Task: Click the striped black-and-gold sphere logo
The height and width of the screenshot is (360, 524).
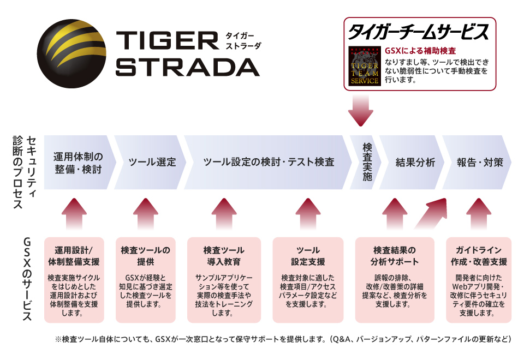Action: pos(72,54)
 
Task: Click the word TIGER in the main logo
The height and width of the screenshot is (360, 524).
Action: pos(168,41)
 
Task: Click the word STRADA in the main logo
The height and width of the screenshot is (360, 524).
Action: pos(187,67)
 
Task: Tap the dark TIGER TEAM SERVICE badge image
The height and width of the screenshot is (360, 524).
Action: pos(364,66)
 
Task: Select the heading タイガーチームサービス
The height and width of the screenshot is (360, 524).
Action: pos(419,32)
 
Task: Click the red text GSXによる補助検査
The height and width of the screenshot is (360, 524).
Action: pos(420,51)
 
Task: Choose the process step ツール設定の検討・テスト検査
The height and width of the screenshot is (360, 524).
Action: pos(268,163)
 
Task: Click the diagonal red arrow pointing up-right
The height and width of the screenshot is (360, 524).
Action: pos(431,213)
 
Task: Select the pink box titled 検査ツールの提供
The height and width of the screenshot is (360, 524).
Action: pos(146,280)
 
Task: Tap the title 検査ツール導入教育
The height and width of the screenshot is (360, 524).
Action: pos(224,256)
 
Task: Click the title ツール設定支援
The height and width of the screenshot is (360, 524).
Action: pos(308,256)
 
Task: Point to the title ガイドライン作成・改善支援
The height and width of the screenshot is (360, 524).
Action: pos(479,256)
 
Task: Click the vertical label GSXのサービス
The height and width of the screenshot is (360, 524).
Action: pos(27,279)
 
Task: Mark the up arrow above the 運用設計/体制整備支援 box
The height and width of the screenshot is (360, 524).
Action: pos(74,214)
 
